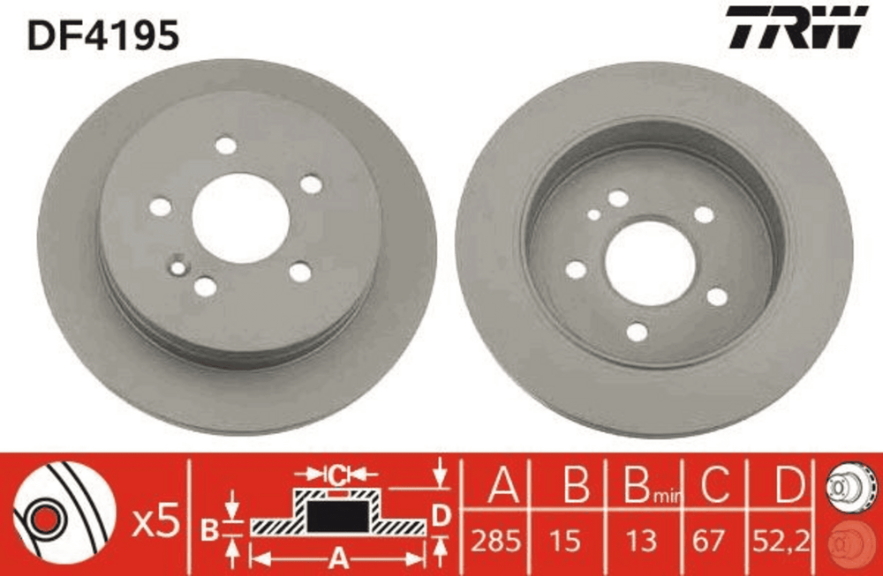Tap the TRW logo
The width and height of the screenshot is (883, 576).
coord(796,27)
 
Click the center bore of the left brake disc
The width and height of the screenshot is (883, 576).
coord(240,218)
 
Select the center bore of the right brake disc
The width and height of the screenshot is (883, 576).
coord(650,263)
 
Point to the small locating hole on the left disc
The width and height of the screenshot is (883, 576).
coord(178,268)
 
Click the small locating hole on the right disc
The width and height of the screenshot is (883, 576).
coord(593,214)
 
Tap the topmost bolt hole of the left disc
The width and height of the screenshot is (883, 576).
coord(226,146)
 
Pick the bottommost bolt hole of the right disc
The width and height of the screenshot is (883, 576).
coord(637,332)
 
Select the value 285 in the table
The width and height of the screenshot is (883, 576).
coord(495,541)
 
